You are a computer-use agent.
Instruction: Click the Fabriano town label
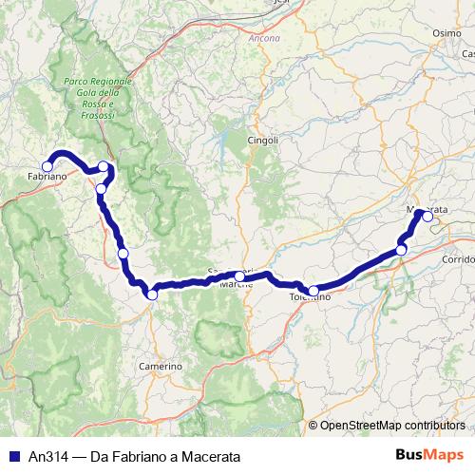pos(47,178)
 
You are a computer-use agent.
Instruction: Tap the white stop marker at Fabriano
pos(47,167)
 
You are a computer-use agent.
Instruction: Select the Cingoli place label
pos(264,141)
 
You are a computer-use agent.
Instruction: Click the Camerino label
pos(160,366)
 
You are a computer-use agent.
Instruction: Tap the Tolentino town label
pos(310,297)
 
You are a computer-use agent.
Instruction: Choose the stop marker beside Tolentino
pos(313,291)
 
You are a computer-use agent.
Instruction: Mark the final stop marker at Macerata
pos(427,217)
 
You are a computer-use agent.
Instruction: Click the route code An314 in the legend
pos(45,456)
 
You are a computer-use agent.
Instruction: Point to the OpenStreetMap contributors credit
pos(392,425)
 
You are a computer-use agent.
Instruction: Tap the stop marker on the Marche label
pos(238,276)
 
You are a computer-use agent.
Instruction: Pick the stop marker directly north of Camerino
pos(152,294)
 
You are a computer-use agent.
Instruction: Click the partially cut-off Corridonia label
pos(458,259)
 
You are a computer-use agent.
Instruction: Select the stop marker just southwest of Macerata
pos(402,250)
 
